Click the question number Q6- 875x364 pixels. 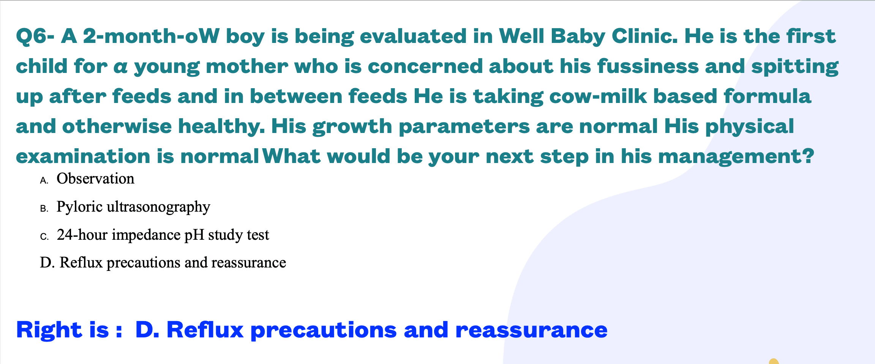tap(35, 37)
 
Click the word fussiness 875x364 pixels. tap(648, 66)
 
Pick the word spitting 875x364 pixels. tap(795, 67)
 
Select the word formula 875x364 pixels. tap(767, 96)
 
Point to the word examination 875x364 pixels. tap(83, 156)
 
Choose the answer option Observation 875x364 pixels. tap(95, 179)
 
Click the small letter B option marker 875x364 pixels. tap(44, 209)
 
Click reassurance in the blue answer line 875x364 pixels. tap(531, 330)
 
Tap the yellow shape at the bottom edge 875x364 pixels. tap(774, 361)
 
